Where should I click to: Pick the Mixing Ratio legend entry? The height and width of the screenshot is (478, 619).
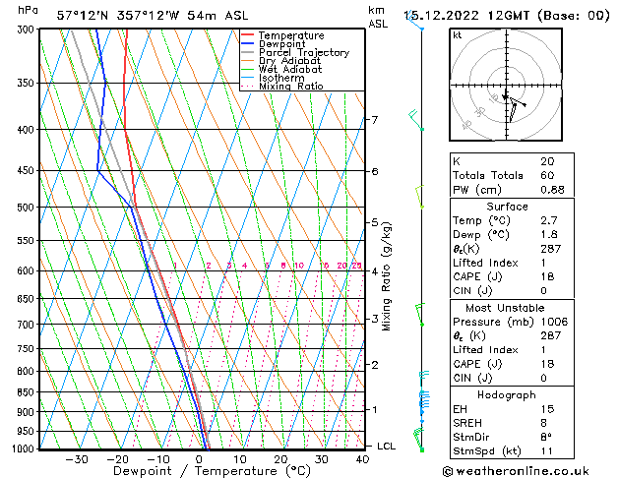(291, 87)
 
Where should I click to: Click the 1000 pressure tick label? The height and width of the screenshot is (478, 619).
(16, 449)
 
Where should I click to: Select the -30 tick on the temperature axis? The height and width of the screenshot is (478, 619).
(77, 459)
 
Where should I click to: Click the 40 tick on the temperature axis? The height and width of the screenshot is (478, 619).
(363, 459)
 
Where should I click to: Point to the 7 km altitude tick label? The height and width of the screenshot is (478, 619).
(374, 120)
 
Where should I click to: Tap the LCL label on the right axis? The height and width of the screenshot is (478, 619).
(387, 446)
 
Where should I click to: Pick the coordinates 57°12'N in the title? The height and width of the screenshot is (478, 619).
(84, 16)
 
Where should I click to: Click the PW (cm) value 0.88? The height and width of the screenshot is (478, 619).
(552, 190)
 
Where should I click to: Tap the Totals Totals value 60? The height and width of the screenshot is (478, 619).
(546, 175)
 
